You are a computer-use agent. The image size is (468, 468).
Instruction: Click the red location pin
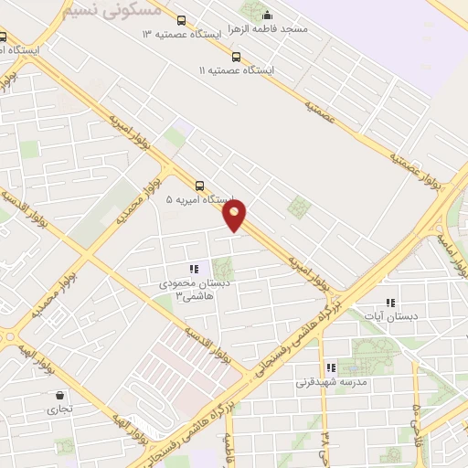(x=236, y=215)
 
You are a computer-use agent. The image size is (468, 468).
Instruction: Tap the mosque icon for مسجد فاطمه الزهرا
(x=267, y=15)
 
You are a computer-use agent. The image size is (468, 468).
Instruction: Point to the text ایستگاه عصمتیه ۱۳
(x=182, y=34)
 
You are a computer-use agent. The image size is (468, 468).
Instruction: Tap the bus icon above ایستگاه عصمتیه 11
(x=237, y=56)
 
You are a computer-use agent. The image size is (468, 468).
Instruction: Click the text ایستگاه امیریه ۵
(x=199, y=197)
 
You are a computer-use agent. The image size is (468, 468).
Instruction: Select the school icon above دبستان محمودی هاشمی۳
(x=193, y=269)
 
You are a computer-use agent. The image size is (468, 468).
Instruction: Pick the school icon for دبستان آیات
(x=391, y=303)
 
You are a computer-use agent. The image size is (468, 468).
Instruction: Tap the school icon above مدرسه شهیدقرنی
(x=331, y=367)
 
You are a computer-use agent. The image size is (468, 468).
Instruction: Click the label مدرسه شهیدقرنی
(x=331, y=382)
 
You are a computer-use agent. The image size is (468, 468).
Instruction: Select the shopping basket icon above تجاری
(x=60, y=396)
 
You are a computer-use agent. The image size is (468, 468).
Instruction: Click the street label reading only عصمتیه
(x=317, y=109)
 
